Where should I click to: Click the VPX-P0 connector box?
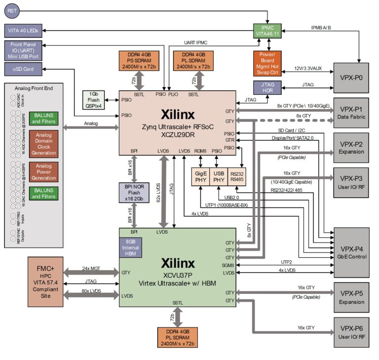351,78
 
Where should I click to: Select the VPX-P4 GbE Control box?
351,252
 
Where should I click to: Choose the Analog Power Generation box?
44,172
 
